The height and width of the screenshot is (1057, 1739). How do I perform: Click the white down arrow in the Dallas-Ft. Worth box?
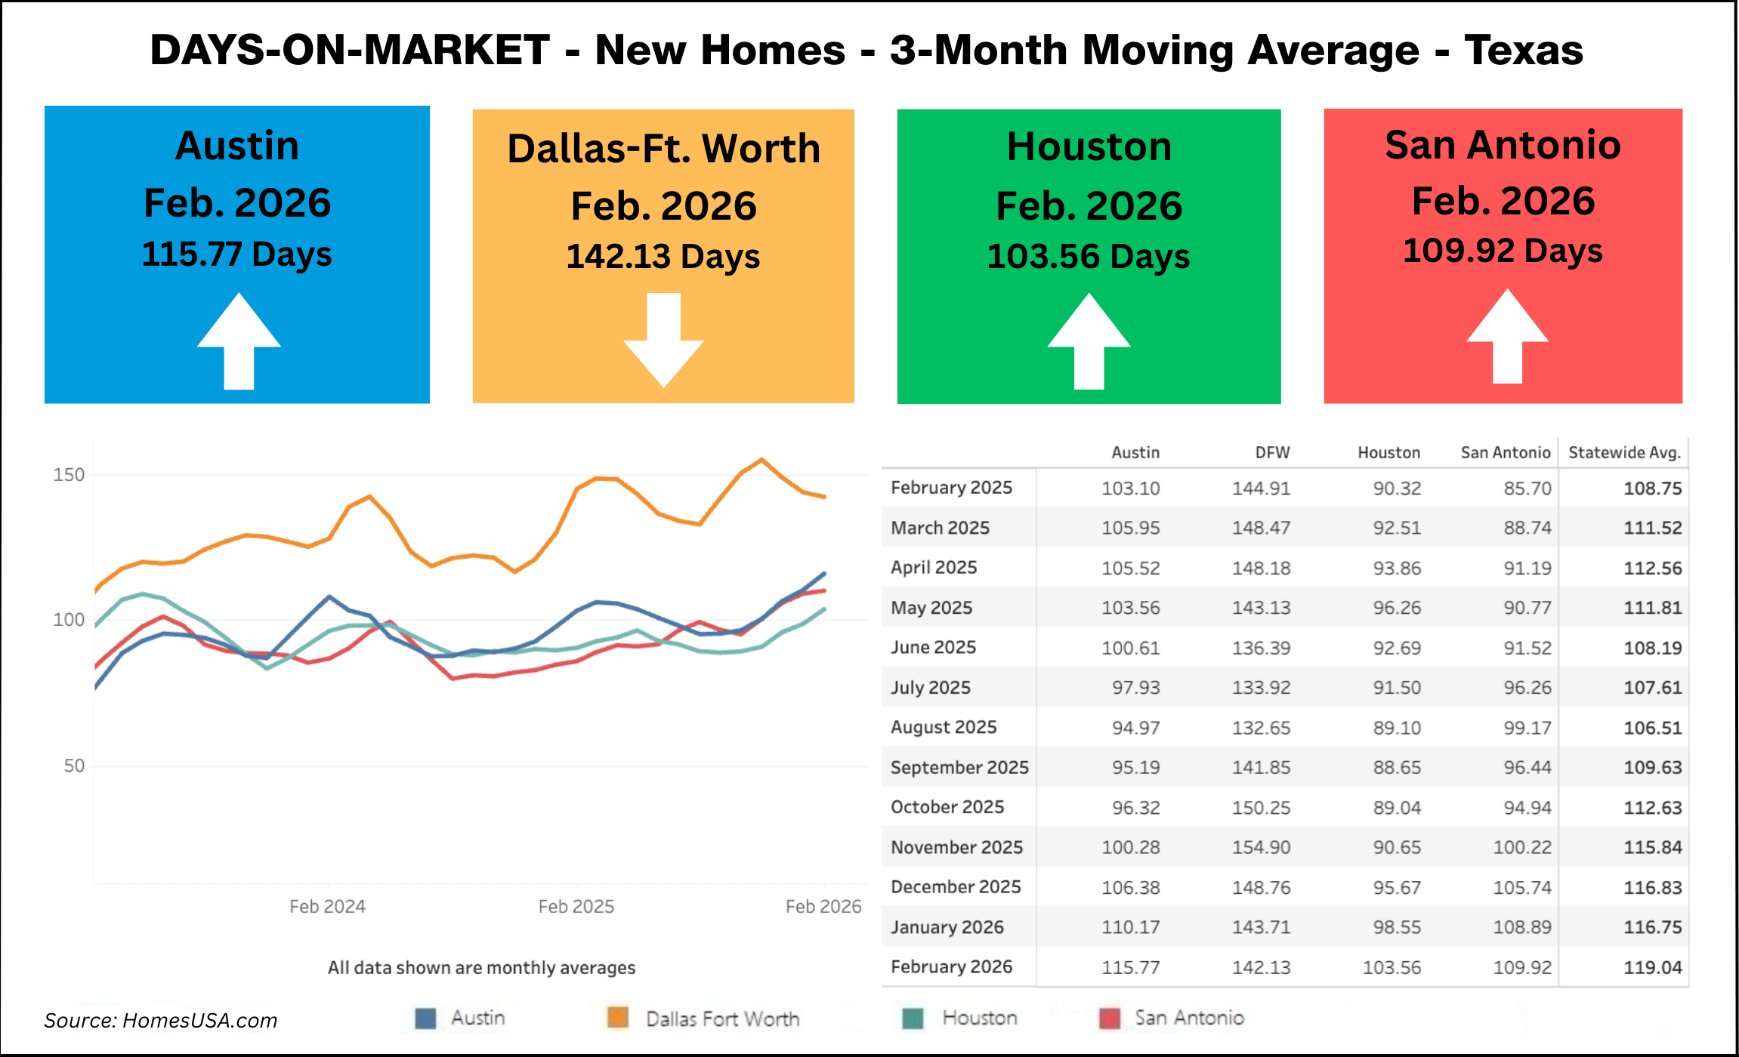pos(663,340)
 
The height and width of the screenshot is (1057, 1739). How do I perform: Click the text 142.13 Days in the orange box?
pos(663,257)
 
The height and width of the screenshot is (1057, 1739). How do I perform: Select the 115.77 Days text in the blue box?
pos(236,254)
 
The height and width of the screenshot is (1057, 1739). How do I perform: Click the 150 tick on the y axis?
pos(69,475)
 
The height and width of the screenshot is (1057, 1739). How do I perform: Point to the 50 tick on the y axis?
pos(74,766)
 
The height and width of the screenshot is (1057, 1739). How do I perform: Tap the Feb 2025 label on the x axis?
pos(576,907)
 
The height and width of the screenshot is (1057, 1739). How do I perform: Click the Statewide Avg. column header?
pos(1624,453)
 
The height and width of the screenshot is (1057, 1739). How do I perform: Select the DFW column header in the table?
pos(1272,453)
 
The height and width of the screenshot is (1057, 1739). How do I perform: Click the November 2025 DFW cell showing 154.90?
pos(1261,847)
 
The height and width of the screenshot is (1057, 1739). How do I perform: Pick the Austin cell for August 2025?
pos(1135,728)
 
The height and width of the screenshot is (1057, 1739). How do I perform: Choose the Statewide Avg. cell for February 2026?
pos(1652,967)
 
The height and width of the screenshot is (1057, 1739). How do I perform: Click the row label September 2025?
pos(959,767)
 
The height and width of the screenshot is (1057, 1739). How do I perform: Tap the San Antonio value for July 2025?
pos(1527,688)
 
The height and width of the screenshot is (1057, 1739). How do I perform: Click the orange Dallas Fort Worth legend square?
pos(618,1018)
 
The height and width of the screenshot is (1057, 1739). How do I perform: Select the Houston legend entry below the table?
pos(979,1018)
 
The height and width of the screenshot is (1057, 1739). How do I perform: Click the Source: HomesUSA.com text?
pos(160,1021)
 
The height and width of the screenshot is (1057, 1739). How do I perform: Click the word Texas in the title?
pos(1523,51)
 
